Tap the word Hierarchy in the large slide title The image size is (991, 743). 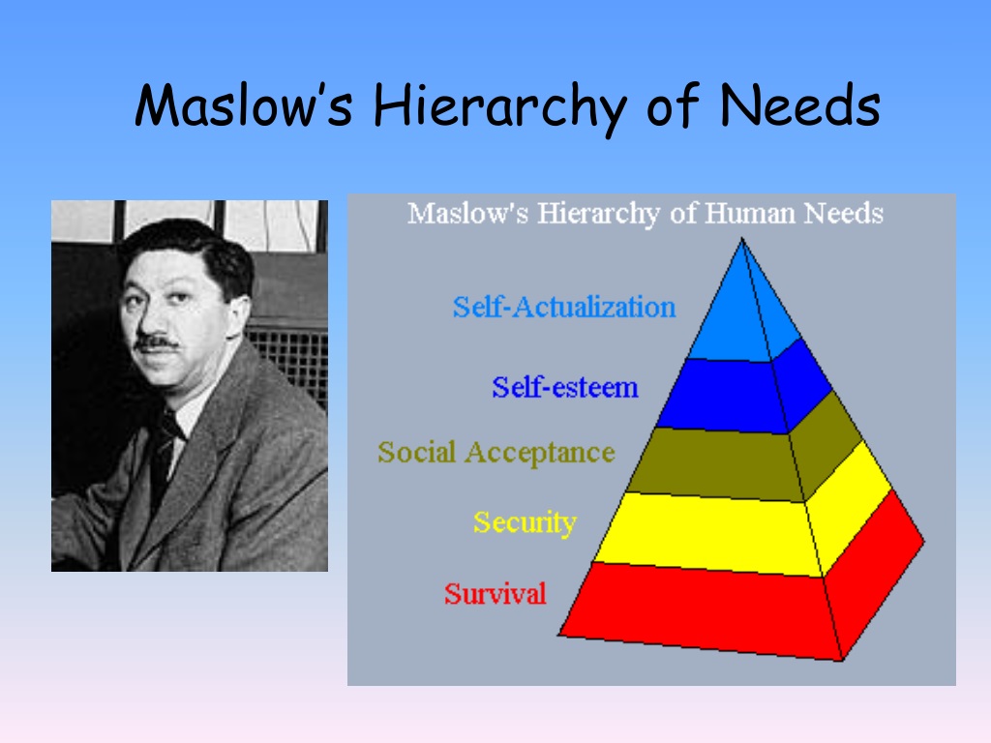(499, 108)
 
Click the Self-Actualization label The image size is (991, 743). (564, 307)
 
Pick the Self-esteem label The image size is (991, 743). (565, 387)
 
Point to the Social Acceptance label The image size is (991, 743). (496, 453)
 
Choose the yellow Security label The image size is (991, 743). (526, 522)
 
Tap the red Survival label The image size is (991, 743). (495, 594)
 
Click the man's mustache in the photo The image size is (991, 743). (156, 343)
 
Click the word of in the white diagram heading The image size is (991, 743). (684, 214)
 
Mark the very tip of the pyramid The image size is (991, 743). (742, 238)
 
